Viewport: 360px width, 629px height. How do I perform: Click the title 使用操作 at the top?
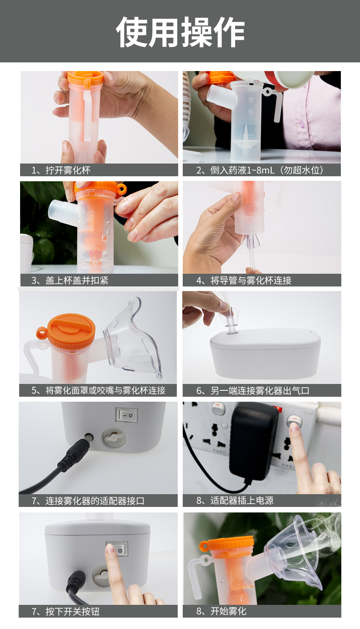(180, 32)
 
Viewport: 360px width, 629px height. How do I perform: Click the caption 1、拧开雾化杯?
(61, 170)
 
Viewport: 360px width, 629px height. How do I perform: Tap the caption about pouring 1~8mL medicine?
(260, 170)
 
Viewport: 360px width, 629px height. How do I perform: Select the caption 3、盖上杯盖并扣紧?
(70, 280)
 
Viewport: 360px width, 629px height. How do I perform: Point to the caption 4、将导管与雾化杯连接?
(244, 280)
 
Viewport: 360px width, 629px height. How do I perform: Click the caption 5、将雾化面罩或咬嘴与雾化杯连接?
(98, 390)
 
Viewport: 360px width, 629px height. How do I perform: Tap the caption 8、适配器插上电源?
(235, 501)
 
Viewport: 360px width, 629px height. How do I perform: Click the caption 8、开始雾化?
(221, 611)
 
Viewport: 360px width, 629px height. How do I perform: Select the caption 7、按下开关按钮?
(66, 611)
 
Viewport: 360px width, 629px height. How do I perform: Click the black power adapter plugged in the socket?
(253, 440)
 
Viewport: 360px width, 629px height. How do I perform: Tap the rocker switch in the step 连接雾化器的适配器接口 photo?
(127, 415)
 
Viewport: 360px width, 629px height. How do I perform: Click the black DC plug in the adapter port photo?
(75, 449)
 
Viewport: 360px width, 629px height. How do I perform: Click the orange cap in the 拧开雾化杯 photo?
(85, 78)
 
